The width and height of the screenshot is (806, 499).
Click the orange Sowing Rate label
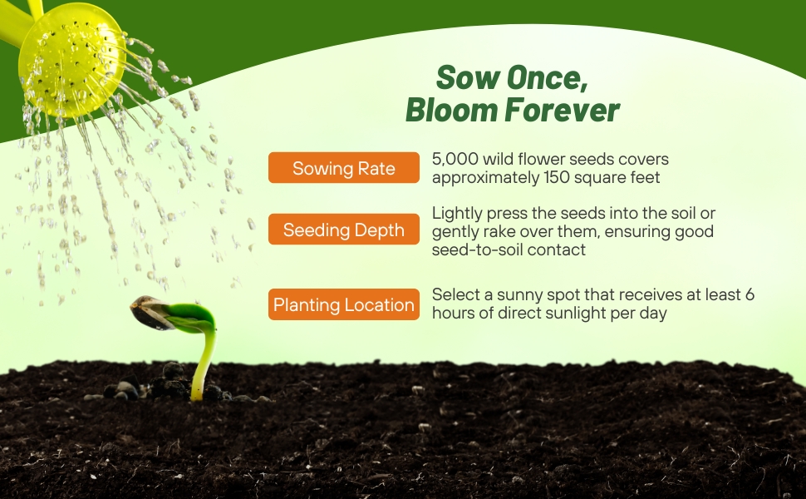[343, 169]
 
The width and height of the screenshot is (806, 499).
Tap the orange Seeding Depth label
[343, 230]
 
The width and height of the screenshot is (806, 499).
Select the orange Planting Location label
[343, 304]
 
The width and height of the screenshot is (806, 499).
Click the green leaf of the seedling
[193, 316]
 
